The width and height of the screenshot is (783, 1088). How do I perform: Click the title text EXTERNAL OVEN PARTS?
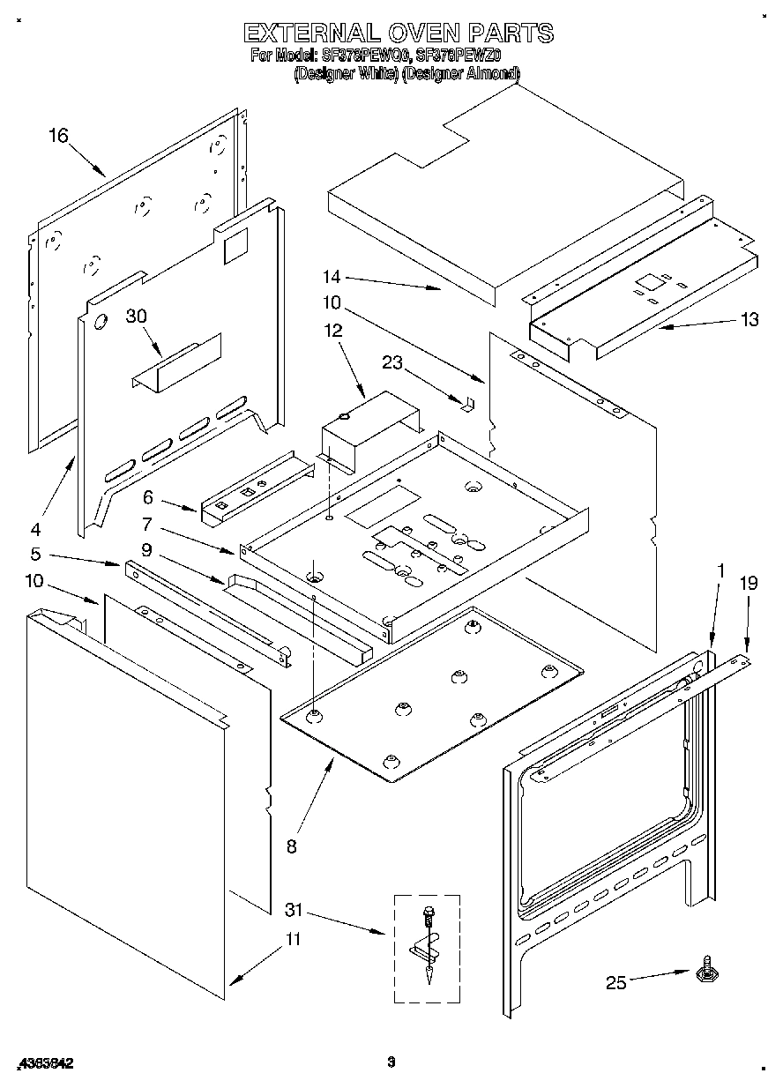(x=398, y=34)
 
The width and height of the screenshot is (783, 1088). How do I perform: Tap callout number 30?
(x=136, y=316)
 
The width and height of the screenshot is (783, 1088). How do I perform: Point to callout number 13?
(x=749, y=320)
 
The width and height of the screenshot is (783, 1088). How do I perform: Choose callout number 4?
(x=35, y=529)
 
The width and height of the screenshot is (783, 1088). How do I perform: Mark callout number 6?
(x=149, y=497)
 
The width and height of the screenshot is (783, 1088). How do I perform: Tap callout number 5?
(x=35, y=555)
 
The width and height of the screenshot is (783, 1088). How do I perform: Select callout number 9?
(x=147, y=550)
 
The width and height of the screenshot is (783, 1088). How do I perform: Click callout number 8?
(x=292, y=846)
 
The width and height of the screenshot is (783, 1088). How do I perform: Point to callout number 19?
(x=748, y=582)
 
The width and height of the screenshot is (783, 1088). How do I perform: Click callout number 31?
(x=293, y=909)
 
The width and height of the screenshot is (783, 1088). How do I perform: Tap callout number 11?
(x=292, y=940)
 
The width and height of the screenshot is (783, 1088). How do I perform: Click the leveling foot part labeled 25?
(x=705, y=972)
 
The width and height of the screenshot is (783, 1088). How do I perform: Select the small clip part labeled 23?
(x=469, y=403)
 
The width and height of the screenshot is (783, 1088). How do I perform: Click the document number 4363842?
(x=45, y=1064)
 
